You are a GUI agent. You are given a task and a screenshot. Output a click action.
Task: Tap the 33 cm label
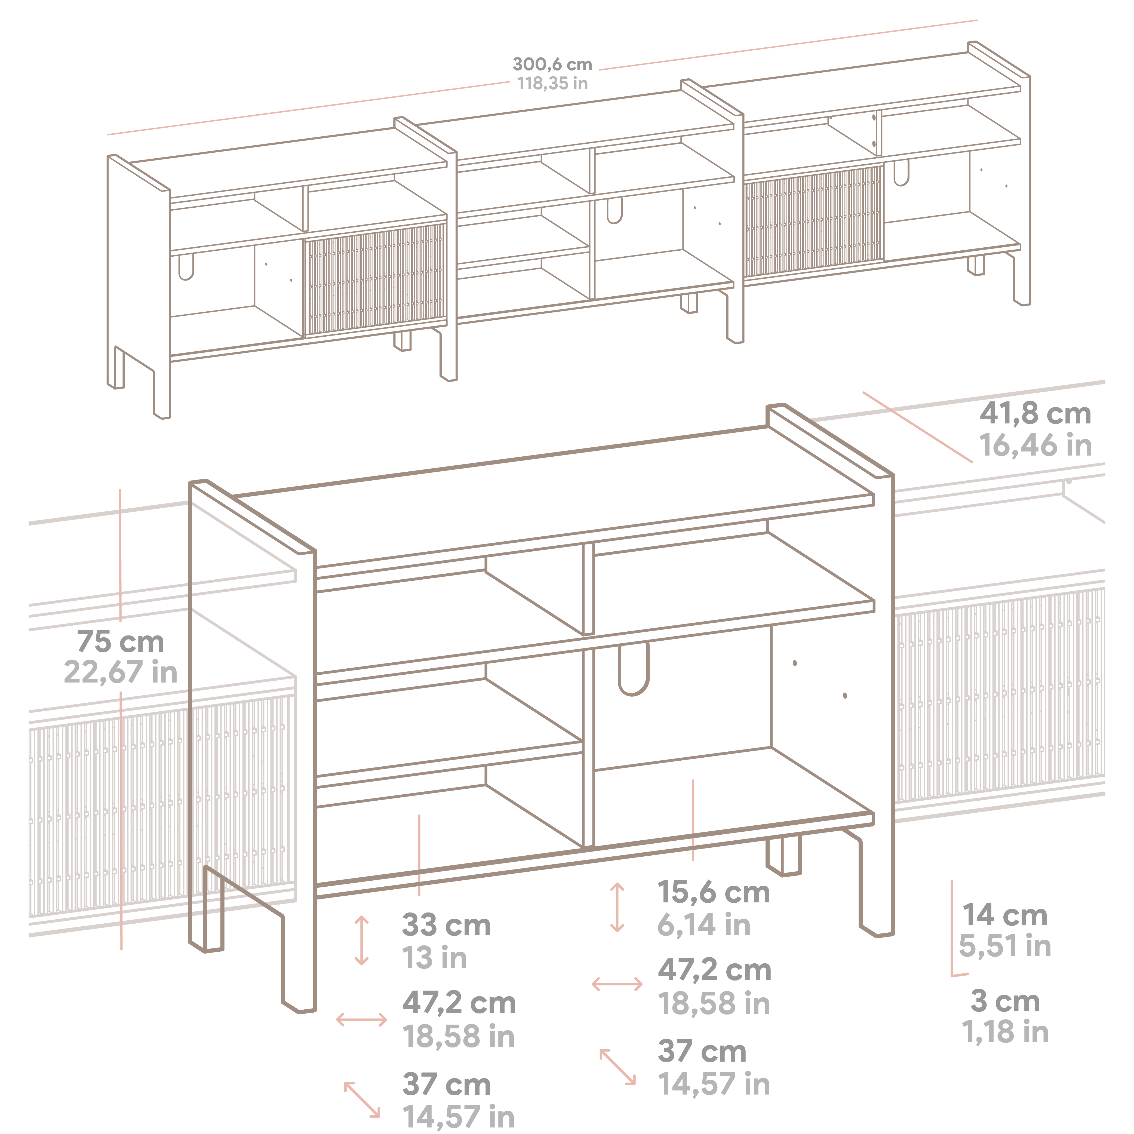[446, 926]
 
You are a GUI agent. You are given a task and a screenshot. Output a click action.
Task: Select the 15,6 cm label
[713, 893]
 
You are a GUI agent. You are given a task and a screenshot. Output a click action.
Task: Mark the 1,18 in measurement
[1005, 1032]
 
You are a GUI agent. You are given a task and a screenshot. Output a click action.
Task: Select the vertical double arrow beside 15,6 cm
[617, 907]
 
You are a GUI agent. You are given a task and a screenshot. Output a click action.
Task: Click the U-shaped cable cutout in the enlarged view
[634, 669]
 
